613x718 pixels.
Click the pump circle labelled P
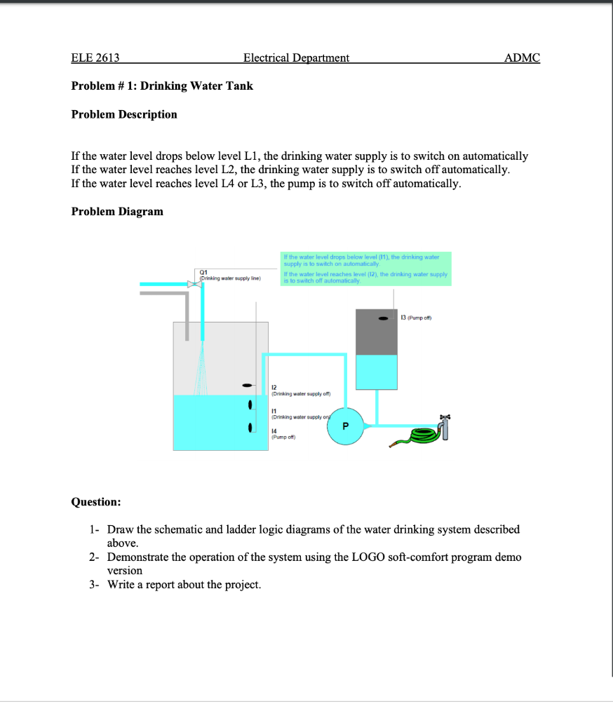click(x=345, y=426)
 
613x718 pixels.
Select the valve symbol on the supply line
click(x=192, y=284)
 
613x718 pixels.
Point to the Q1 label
click(x=203, y=273)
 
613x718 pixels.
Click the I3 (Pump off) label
click(x=415, y=318)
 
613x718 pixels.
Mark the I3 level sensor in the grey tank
click(x=383, y=318)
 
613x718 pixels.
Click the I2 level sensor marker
click(x=247, y=385)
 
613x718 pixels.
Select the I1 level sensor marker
click(x=250, y=406)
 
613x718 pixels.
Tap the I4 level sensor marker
click(x=250, y=428)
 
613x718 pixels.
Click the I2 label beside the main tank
click(x=274, y=387)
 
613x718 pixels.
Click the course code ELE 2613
click(x=95, y=57)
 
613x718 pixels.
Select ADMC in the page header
click(x=523, y=57)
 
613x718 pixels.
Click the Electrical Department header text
click(x=296, y=57)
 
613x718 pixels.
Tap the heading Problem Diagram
click(x=117, y=211)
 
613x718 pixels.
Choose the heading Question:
click(x=96, y=501)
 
